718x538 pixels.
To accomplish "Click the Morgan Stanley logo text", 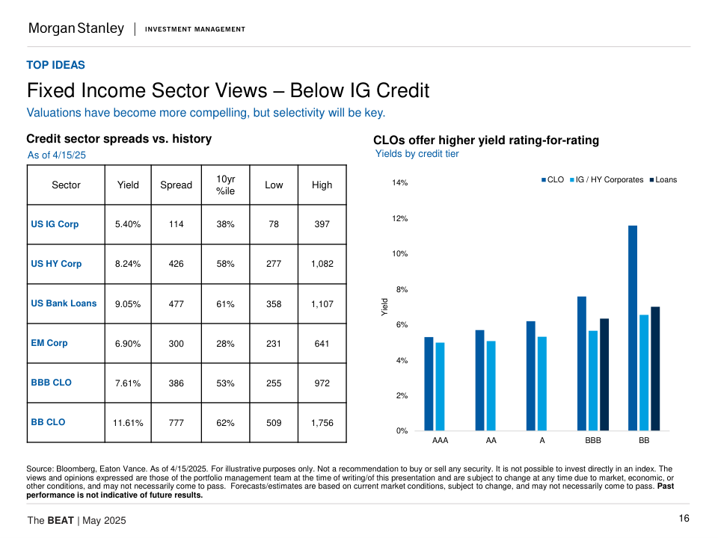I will (x=76, y=28).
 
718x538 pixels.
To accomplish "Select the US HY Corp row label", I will (x=56, y=264).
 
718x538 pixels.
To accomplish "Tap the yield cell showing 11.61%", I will (x=128, y=423).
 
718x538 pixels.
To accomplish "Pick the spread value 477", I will (x=176, y=304).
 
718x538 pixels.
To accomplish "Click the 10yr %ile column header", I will (x=225, y=185).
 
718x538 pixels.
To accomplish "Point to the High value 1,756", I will (x=322, y=423).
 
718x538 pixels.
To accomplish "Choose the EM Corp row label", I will (x=49, y=343).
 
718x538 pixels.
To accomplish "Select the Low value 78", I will (x=274, y=224).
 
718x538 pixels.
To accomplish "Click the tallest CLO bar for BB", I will (x=633, y=328).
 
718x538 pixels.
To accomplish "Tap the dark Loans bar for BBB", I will (x=604, y=374).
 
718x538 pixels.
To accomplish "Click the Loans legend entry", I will (x=665, y=179).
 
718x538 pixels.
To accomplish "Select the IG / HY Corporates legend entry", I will (x=609, y=179).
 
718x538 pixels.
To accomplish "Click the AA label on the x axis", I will (x=491, y=441).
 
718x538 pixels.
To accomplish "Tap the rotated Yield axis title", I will (x=384, y=305).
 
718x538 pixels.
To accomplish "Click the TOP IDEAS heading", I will (x=56, y=65).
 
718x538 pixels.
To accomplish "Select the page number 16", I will (x=684, y=519).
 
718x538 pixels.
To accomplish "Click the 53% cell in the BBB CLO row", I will (x=225, y=383).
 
